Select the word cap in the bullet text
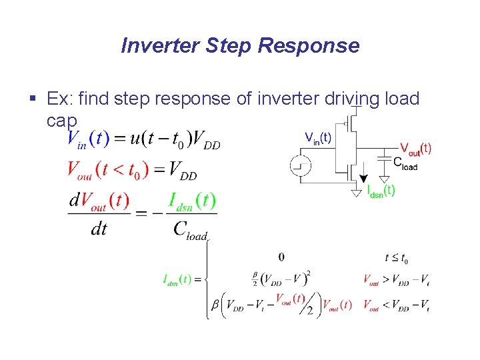62,121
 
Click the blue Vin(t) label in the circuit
317,138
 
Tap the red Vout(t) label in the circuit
415,149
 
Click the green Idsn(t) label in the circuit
381,191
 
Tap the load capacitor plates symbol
383,158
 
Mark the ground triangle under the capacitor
384,179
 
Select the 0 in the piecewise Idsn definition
281,257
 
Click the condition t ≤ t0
397,258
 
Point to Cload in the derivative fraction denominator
192,229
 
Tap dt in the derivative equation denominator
99,229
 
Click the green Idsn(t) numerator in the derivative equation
192,201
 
